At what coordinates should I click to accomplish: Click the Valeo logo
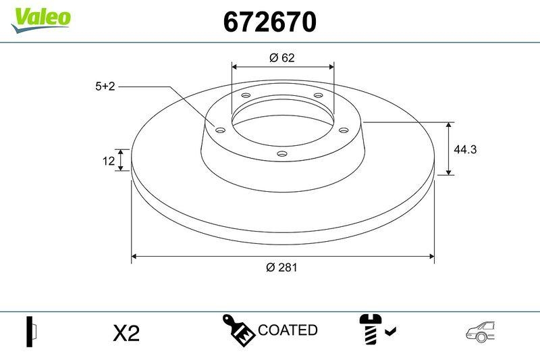[x=40, y=18]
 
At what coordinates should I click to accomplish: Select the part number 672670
[x=269, y=23]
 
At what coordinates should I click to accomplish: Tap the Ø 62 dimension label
[x=281, y=58]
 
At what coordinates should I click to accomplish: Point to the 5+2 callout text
[x=106, y=86]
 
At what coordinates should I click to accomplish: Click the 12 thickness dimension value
[x=106, y=160]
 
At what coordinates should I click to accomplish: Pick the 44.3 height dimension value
[x=465, y=149]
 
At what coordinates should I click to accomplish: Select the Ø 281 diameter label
[x=281, y=267]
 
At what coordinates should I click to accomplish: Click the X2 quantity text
[x=126, y=333]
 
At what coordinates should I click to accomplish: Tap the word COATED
[x=288, y=330]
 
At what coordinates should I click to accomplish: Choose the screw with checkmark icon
[x=376, y=330]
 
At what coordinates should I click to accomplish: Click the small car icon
[x=480, y=331]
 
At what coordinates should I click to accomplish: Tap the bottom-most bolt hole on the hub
[x=282, y=155]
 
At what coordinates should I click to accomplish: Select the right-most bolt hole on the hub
[x=343, y=130]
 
